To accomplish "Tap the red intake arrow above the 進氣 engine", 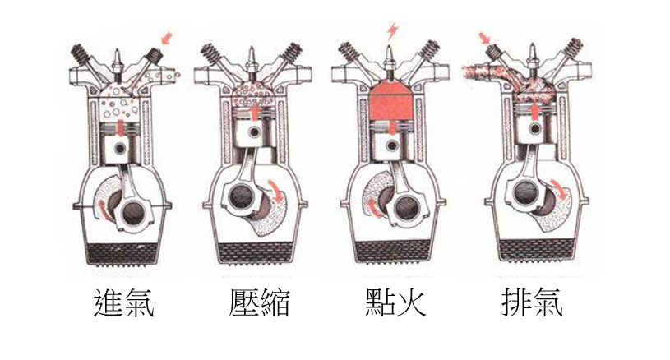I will pyautogui.click(x=168, y=37).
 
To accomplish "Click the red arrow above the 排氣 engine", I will pyautogui.click(x=485, y=37).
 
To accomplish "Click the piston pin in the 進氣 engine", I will pyautogui.click(x=121, y=149).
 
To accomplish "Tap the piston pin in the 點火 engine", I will pyautogui.click(x=390, y=150).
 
